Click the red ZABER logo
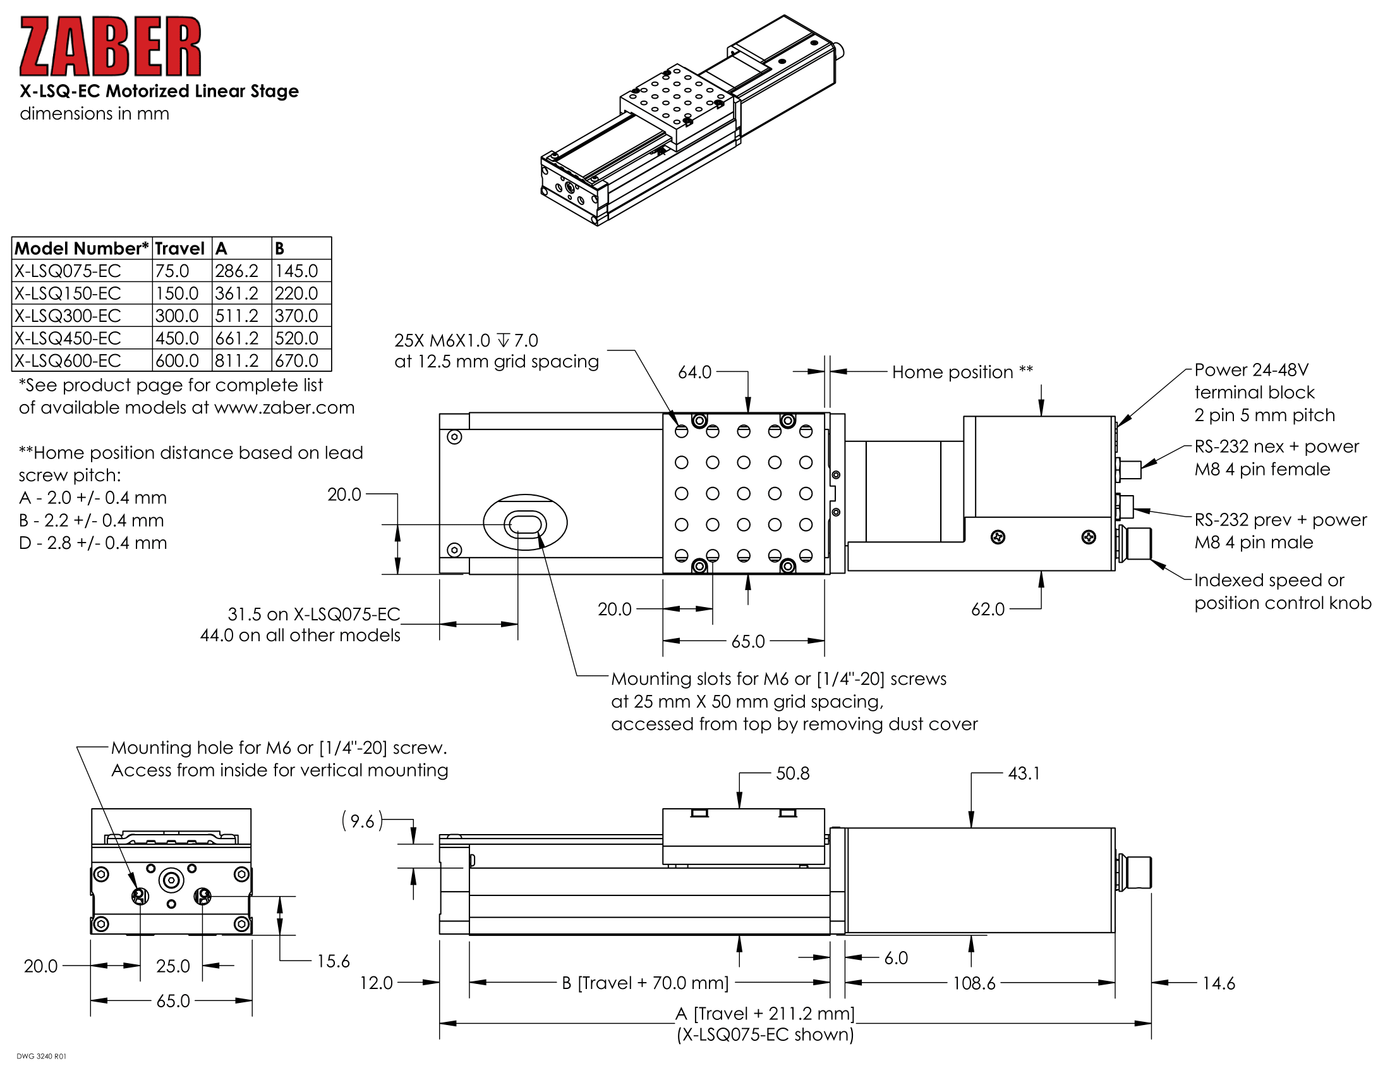[x=110, y=47]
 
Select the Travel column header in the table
[x=179, y=249]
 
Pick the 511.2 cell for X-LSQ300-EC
[x=237, y=316]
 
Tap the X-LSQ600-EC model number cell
[x=68, y=360]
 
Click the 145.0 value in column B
[x=296, y=271]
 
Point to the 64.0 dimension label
[x=694, y=372]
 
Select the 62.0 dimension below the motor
[x=987, y=610]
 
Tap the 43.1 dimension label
[x=1024, y=773]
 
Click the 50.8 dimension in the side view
[x=792, y=773]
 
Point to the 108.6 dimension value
[x=974, y=983]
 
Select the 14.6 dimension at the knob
[x=1218, y=983]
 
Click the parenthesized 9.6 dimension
[x=362, y=821]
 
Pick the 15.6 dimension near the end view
[x=333, y=961]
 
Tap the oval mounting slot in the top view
[x=525, y=524]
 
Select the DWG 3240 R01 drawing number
[x=41, y=1057]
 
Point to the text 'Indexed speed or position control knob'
[x=1282, y=592]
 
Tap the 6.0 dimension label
[x=896, y=958]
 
